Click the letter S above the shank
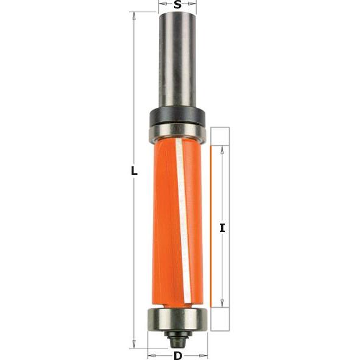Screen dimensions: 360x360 click(177, 5)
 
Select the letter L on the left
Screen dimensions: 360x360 click(135, 171)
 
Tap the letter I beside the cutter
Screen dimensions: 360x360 click(222, 228)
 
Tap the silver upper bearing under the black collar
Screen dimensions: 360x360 click(177, 130)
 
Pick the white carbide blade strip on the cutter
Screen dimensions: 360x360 click(183, 219)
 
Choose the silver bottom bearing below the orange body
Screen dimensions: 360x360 click(177, 318)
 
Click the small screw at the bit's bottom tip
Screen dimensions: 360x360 click(177, 336)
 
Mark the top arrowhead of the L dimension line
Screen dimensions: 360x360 click(134, 16)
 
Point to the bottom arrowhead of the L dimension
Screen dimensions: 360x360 click(134, 344)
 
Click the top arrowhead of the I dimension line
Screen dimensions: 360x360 click(222, 149)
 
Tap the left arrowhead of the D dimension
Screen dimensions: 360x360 click(150, 351)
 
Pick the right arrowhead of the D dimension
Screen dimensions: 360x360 click(205, 351)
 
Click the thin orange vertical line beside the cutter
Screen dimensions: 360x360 click(210, 225)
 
